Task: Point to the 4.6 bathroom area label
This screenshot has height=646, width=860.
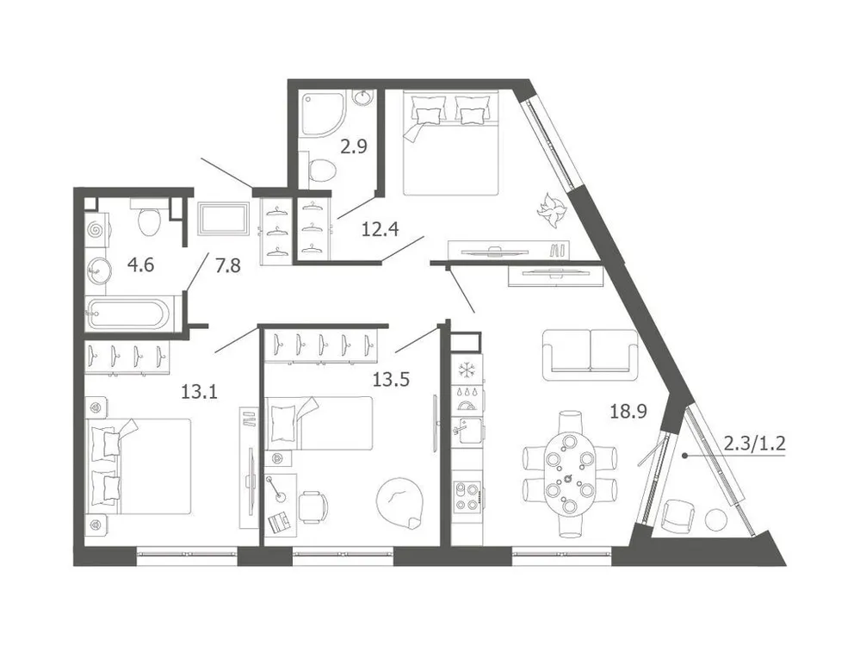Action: (141, 265)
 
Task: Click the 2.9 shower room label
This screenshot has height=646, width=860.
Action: (354, 146)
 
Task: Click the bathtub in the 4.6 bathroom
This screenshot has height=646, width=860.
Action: (128, 314)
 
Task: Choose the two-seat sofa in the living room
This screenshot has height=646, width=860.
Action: (591, 354)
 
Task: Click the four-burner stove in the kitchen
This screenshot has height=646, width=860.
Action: (467, 495)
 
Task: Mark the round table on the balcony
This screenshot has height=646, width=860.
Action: (715, 519)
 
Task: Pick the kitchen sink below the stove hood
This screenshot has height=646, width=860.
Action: (467, 428)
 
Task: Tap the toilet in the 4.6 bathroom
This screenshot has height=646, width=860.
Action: (149, 221)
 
